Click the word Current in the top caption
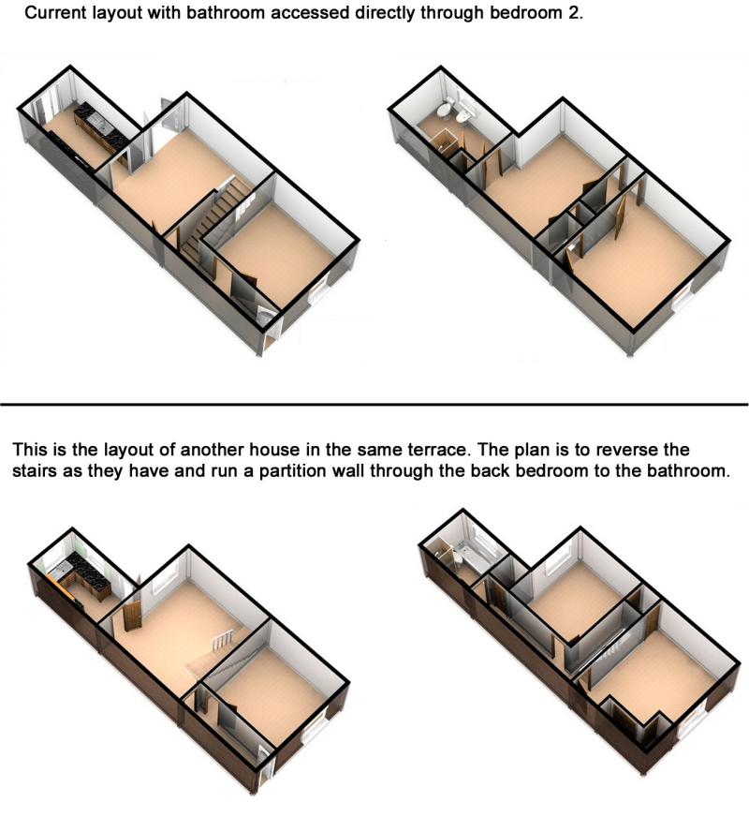point(56,13)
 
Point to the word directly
point(384,13)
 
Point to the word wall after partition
point(347,471)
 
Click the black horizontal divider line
point(374,405)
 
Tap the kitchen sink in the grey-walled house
point(97,123)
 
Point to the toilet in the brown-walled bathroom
point(457,558)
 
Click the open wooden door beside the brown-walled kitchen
point(131,616)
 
